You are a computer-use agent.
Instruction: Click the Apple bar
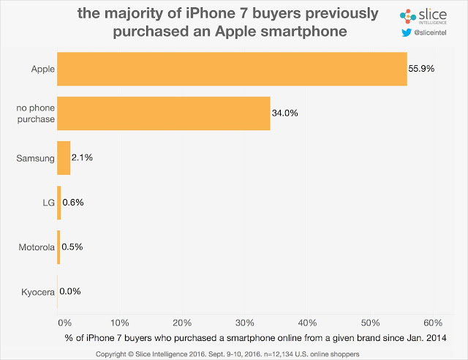(231, 69)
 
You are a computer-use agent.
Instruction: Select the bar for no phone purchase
(163, 113)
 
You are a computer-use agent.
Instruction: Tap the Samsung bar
(64, 158)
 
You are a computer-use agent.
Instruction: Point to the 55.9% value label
(422, 69)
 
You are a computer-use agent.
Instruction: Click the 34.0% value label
(286, 113)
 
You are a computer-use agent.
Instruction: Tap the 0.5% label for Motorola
(72, 247)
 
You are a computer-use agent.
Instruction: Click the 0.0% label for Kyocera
(70, 291)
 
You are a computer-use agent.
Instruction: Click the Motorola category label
(37, 247)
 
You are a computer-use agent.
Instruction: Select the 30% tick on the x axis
(245, 323)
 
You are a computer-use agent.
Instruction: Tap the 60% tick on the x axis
(433, 323)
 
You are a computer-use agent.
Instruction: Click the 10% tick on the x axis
(120, 323)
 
